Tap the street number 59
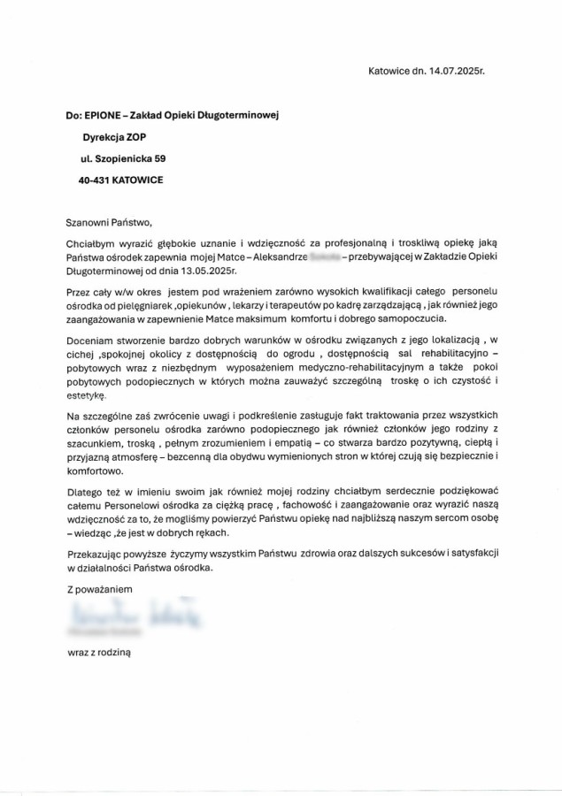[159, 158]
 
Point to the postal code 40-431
[96, 180]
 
